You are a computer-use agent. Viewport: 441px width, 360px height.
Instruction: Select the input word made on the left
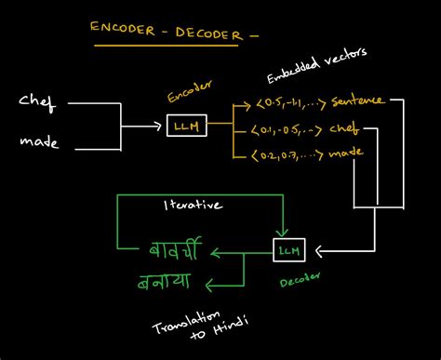38,142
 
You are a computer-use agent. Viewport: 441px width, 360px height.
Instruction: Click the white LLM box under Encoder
183,123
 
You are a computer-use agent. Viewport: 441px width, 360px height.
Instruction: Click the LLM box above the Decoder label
288,248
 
